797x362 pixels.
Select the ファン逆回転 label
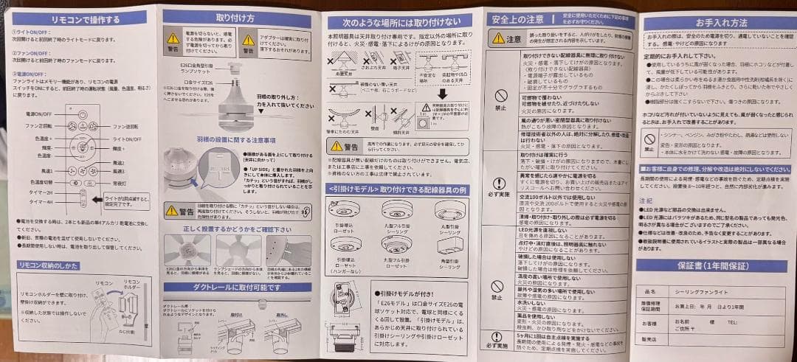(x=126, y=127)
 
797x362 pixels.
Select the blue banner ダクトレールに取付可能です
(x=238, y=288)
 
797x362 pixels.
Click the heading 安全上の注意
(x=517, y=18)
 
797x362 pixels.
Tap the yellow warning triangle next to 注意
(x=499, y=38)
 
